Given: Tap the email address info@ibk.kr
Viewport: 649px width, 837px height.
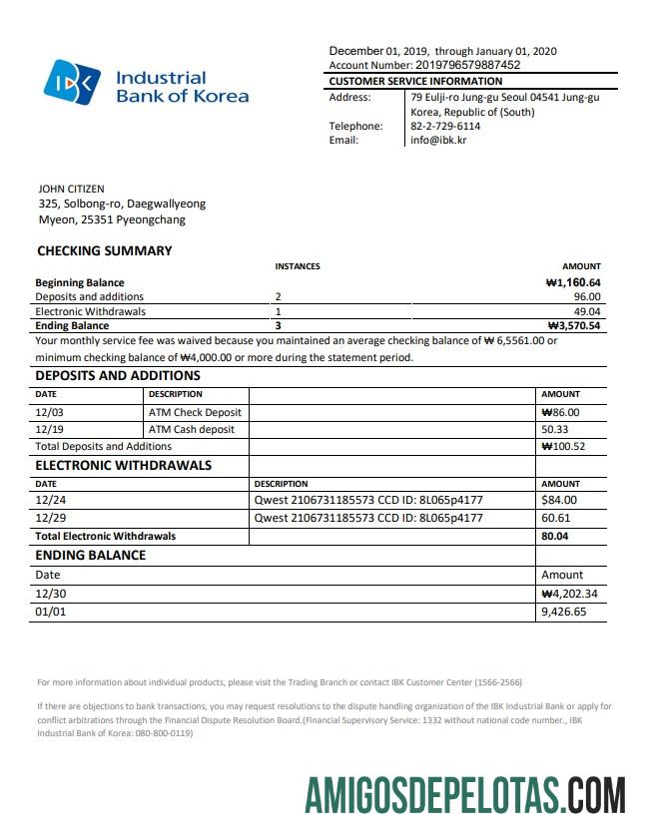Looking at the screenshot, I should pos(438,140).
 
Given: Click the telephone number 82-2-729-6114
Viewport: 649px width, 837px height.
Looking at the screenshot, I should pos(445,126).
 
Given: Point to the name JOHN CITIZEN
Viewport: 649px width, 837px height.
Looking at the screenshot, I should pos(71,189).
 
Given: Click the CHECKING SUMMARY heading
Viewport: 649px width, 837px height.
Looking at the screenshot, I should pos(105,251).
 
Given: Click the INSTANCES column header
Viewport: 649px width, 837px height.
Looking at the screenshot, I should pos(298,266).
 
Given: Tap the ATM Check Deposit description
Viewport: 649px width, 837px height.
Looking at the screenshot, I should pos(195,412).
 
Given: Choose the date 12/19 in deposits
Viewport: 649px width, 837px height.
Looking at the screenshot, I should pos(49,429).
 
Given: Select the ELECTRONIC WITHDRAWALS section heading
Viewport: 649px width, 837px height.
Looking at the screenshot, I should pos(123,465).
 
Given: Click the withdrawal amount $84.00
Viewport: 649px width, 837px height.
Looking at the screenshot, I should pos(559,500).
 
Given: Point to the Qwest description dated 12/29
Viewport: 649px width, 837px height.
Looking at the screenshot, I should pos(368,518).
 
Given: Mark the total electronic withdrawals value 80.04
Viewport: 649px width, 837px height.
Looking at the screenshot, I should pos(556,536).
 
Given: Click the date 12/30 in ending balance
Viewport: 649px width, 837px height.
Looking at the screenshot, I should pos(50,594).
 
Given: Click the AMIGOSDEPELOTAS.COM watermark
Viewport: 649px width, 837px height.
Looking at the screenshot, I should pos(465,800).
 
